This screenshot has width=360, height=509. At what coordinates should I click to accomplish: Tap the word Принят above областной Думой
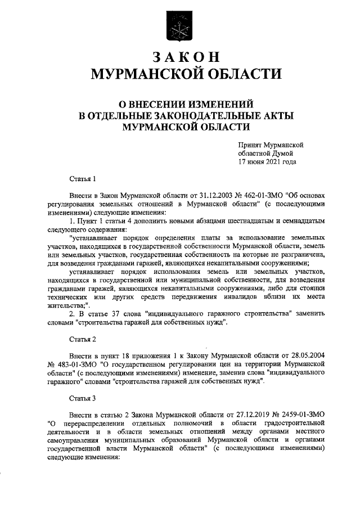[251, 145]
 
